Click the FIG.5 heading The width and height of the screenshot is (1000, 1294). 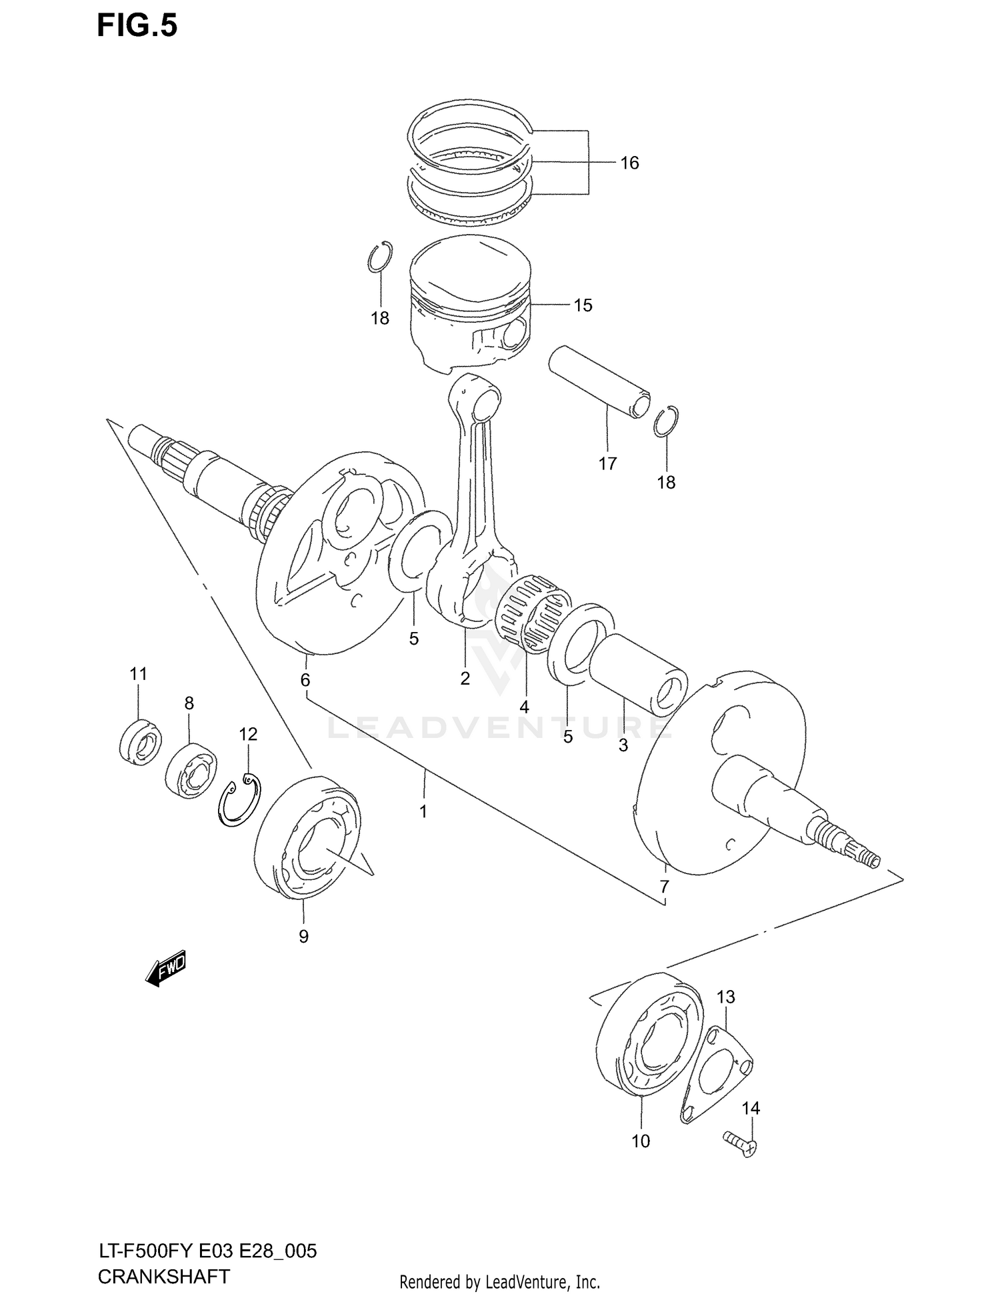pos(137,26)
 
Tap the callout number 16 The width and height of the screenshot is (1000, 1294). pos(629,163)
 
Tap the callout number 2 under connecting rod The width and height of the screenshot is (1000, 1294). pos(465,679)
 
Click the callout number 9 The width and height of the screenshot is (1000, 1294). pos(303,937)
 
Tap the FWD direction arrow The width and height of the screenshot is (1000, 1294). pos(165,967)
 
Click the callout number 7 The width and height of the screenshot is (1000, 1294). pos(664,887)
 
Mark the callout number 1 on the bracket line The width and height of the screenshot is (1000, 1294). pos(423,811)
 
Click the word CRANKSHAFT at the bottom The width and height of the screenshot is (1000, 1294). pos(163,1277)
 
